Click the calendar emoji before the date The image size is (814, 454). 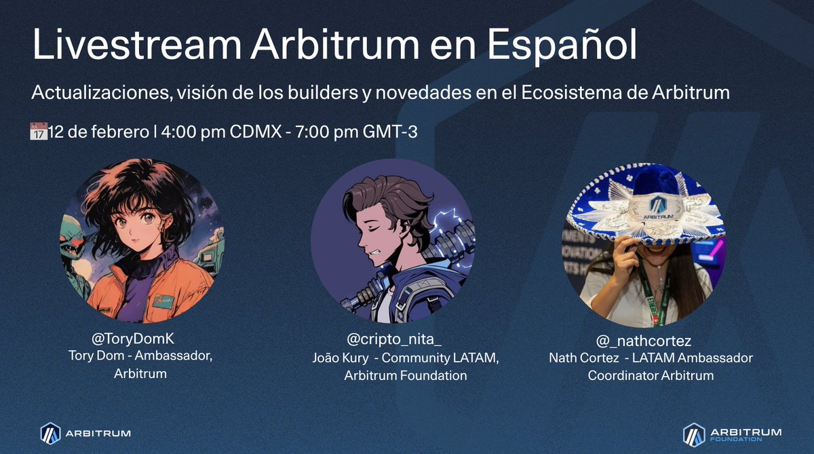[x=39, y=131]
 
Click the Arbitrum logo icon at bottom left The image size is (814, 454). [x=50, y=432]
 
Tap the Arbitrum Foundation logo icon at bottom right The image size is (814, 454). [x=693, y=433]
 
